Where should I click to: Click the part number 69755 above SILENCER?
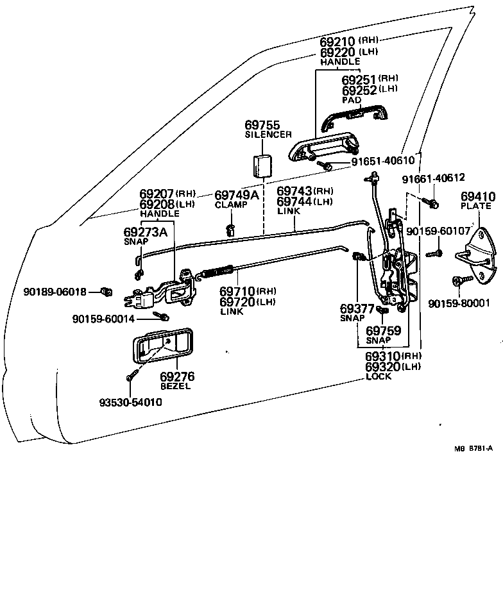262,124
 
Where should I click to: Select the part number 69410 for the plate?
475,196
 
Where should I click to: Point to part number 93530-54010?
130,402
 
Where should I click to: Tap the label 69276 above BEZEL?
177,376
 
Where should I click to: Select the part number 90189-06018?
55,292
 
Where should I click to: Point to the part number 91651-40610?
387,162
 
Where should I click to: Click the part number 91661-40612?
434,178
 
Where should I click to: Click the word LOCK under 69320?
378,376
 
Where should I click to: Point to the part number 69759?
384,331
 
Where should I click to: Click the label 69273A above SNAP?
145,231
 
